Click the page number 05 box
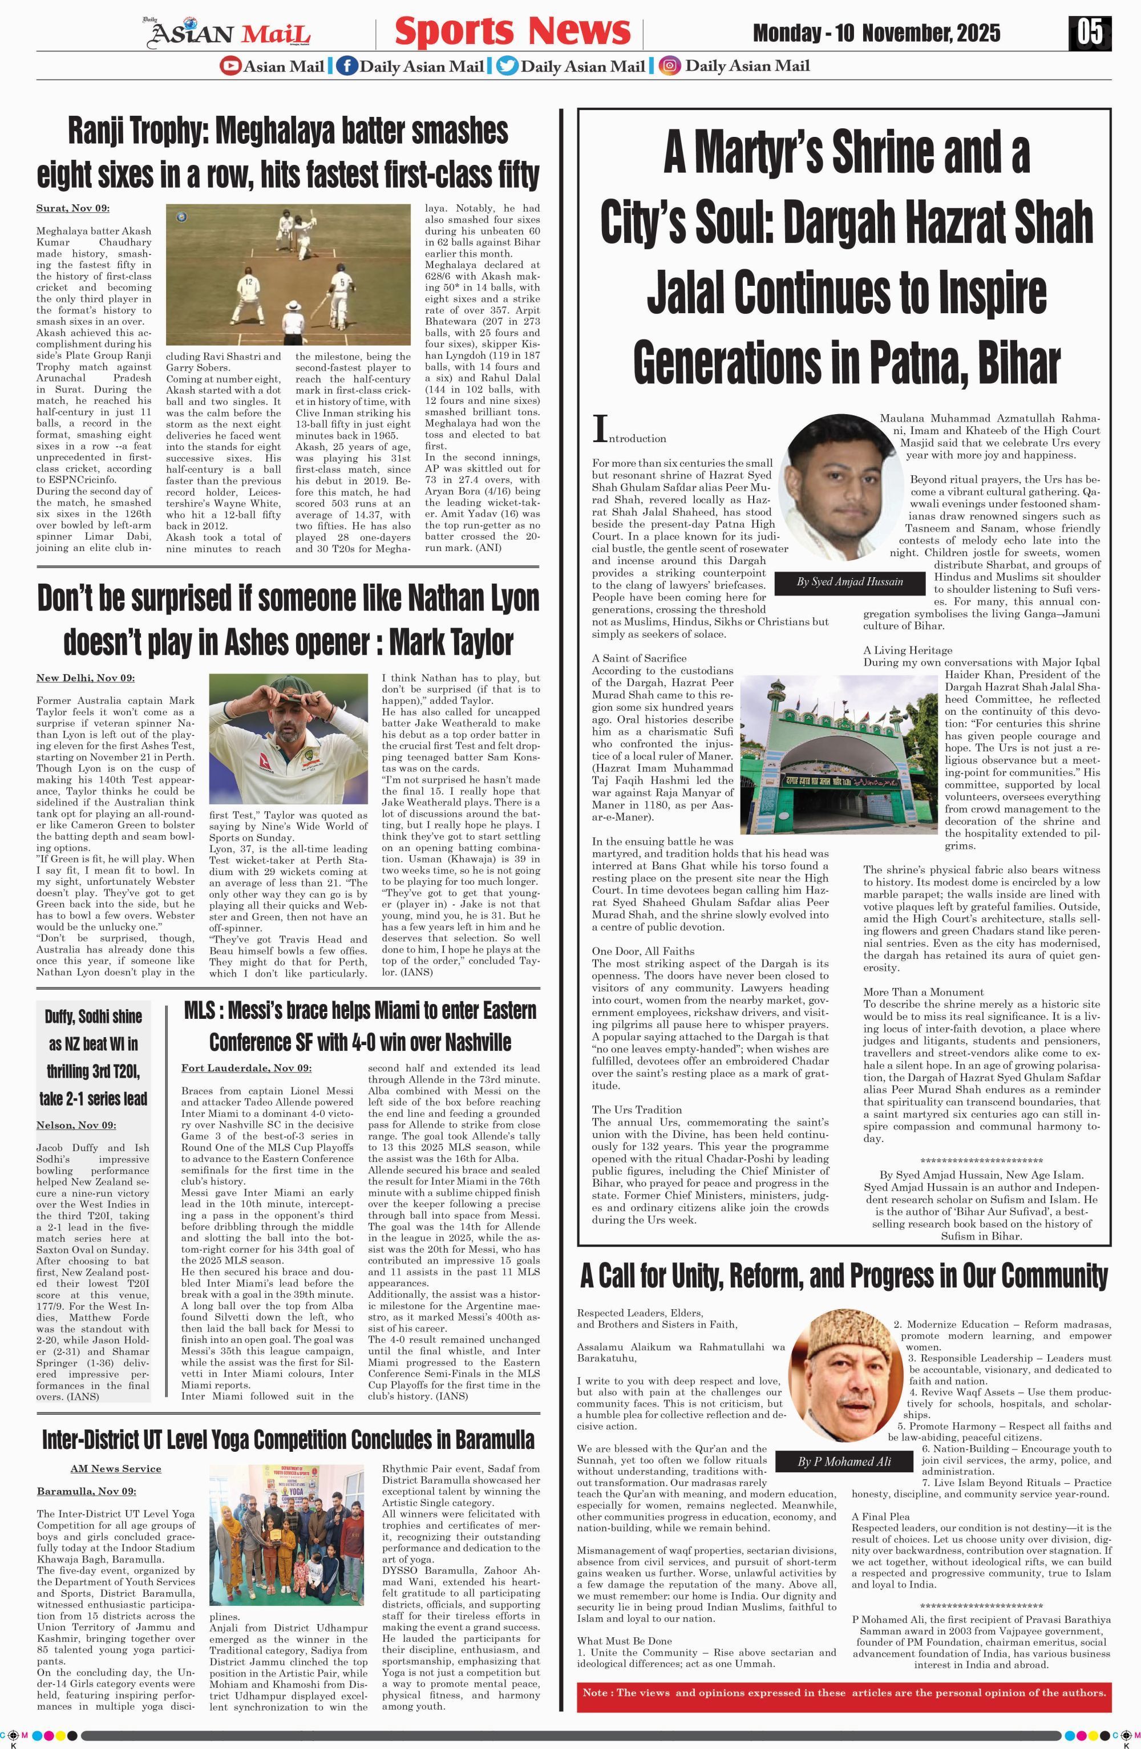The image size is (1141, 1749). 1090,33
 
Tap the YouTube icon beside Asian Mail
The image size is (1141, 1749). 230,66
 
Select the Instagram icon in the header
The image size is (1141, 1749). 669,66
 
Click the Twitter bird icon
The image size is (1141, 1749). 506,66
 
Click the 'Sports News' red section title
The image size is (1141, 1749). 512,31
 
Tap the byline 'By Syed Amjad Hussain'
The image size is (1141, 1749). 849,582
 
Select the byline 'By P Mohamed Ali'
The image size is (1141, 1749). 844,1461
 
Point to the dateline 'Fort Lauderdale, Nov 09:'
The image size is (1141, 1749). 246,1068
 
